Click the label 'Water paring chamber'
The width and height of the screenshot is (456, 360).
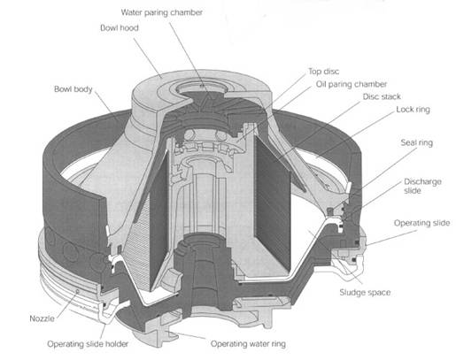[162, 12]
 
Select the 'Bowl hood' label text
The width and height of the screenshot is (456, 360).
[120, 28]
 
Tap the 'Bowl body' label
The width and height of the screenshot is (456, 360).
[73, 89]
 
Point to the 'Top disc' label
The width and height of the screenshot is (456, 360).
[324, 72]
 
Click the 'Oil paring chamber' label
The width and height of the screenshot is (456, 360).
[352, 84]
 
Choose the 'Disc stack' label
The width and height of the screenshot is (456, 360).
[382, 96]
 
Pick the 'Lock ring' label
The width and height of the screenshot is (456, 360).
[413, 110]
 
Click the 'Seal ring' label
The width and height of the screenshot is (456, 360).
[416, 143]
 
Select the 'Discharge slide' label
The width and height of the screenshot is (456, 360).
[422, 186]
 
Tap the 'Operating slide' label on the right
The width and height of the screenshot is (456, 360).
[421, 223]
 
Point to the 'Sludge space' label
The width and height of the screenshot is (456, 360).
[365, 293]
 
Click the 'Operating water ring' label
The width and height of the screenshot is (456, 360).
[248, 344]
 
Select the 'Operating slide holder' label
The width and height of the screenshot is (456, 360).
[88, 344]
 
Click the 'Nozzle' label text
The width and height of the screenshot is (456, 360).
[42, 318]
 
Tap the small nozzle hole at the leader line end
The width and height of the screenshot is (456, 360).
[78, 291]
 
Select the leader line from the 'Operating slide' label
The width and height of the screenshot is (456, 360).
[391, 238]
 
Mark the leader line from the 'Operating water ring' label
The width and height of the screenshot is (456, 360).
[185, 335]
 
